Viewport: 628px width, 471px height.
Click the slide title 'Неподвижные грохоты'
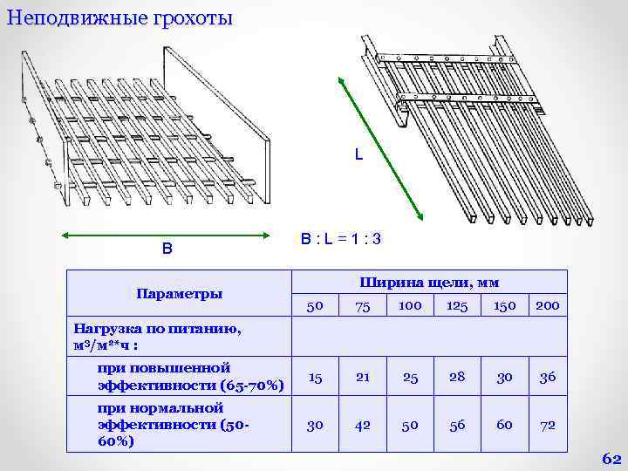(x=119, y=17)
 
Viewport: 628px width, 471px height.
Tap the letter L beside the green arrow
(x=358, y=155)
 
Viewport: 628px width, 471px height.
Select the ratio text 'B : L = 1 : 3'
(x=341, y=238)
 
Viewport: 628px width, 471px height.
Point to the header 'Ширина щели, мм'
(x=428, y=282)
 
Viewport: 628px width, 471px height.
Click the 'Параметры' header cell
(x=179, y=293)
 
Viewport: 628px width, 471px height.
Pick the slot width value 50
(x=315, y=306)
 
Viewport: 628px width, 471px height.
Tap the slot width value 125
(x=457, y=306)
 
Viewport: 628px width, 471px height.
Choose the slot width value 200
(x=548, y=306)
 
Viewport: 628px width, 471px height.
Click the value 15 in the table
(x=315, y=378)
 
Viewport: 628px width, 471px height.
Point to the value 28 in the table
(x=457, y=378)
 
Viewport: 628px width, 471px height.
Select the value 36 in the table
(x=548, y=378)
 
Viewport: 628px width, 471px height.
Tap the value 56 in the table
(x=457, y=425)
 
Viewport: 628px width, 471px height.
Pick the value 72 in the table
(x=548, y=425)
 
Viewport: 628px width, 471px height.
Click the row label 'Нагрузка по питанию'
(x=157, y=330)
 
